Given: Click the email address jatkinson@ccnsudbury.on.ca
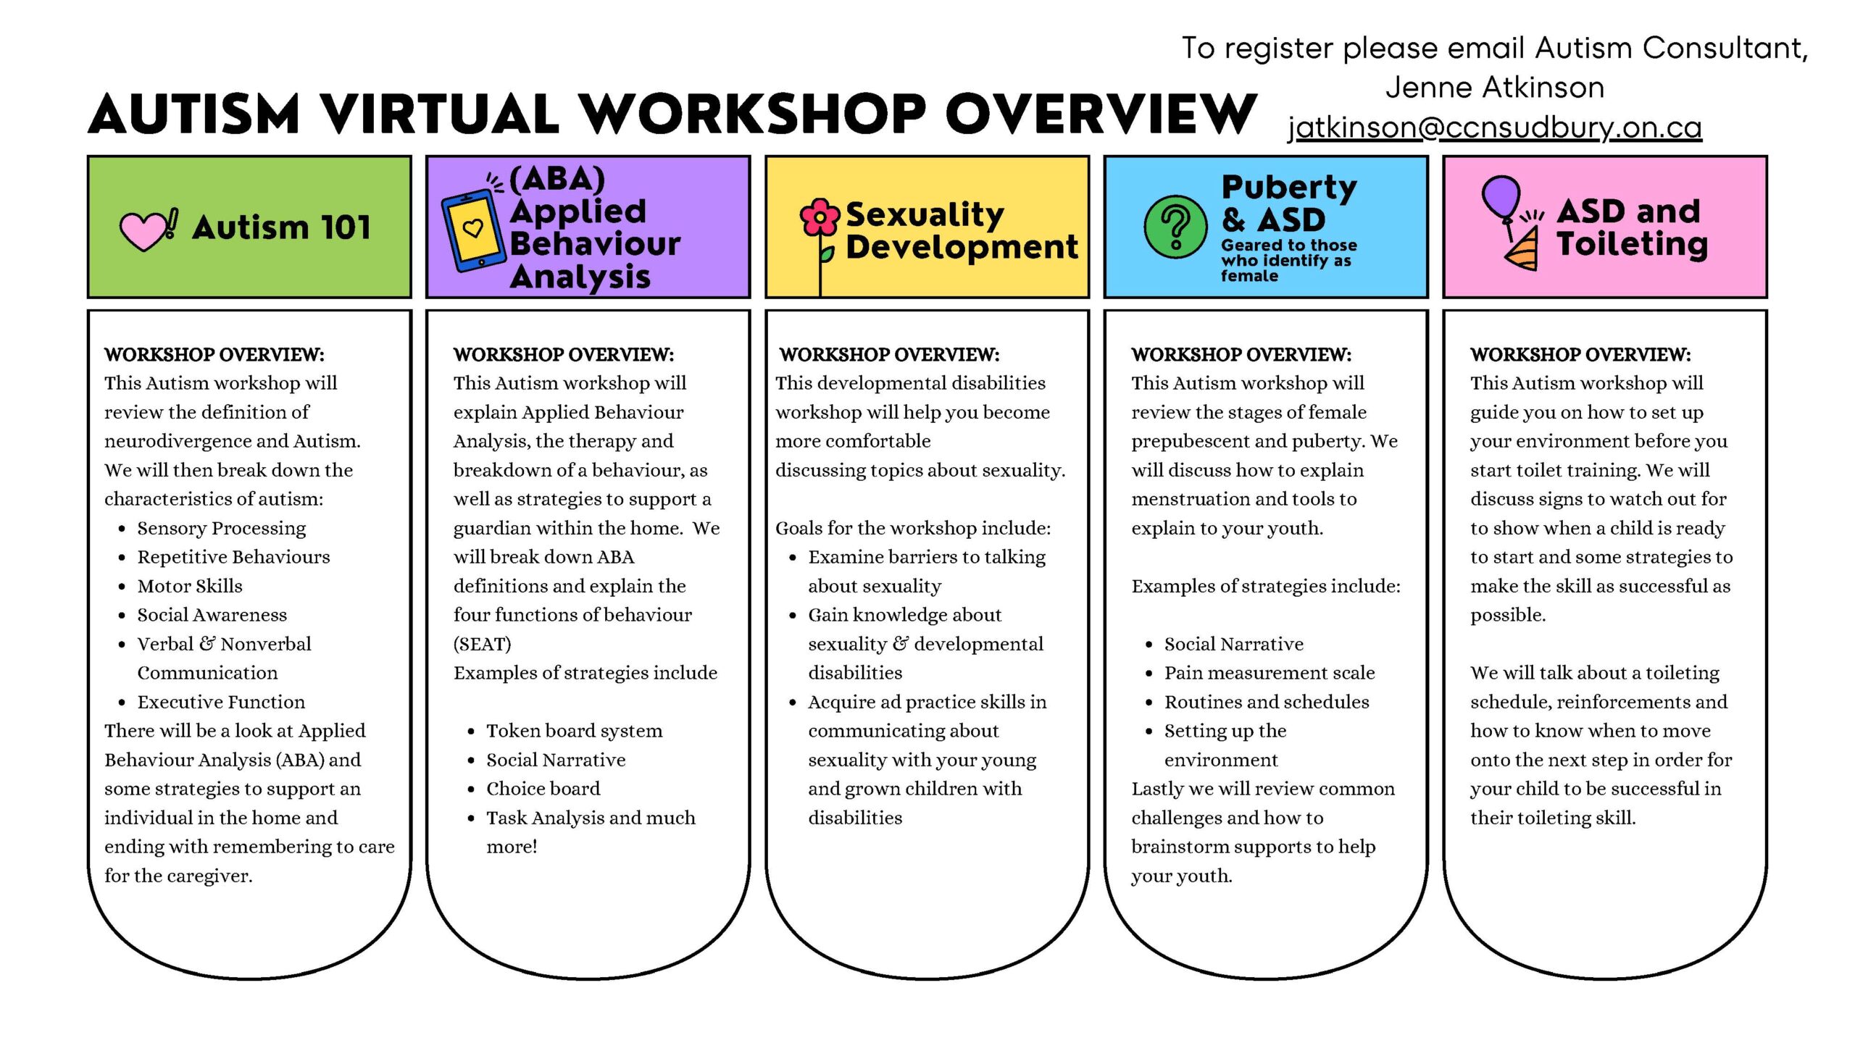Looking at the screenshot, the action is (x=1494, y=127).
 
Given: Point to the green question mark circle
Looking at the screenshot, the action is (x=1175, y=227).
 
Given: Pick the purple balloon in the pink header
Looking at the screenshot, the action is (x=1501, y=196).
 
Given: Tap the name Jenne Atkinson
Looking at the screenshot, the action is (x=1495, y=88).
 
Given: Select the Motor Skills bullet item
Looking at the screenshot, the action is (x=190, y=586).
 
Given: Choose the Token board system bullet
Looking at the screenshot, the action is (x=574, y=731).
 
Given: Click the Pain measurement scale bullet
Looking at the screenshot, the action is (x=1270, y=673).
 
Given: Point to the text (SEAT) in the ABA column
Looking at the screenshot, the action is (x=482, y=644).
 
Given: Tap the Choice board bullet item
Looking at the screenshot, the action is (x=543, y=789).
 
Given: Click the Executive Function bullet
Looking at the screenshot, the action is (x=221, y=702).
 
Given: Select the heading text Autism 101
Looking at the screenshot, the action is (x=281, y=227).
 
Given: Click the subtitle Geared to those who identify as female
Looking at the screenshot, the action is (x=1288, y=260).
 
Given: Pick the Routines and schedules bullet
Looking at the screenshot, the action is (x=1267, y=702).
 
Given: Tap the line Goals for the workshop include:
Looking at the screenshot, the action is (x=913, y=528).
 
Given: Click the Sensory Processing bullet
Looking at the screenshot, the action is (x=222, y=528).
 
